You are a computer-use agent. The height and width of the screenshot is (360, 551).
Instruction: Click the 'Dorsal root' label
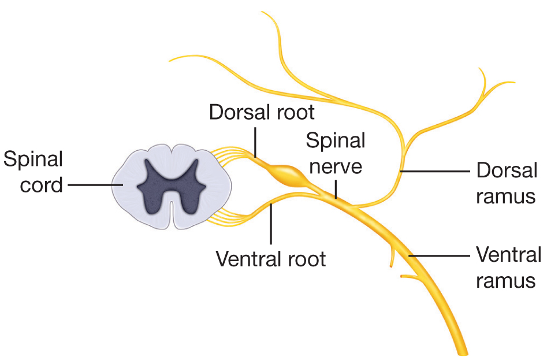click(262, 113)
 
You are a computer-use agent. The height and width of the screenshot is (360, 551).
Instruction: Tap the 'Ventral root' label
click(271, 259)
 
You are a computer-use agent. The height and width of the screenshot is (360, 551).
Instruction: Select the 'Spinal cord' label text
click(33, 172)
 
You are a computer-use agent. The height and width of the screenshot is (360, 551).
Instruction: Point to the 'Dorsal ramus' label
click(507, 183)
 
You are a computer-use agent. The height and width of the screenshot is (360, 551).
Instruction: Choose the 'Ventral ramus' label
click(508, 268)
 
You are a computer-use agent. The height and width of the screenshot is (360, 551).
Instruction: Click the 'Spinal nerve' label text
click(336, 153)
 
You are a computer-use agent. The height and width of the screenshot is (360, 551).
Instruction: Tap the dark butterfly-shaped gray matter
click(172, 186)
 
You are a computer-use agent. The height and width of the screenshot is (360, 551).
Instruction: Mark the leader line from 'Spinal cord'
click(95, 184)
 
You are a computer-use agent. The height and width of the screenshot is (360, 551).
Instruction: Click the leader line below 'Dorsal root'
click(255, 142)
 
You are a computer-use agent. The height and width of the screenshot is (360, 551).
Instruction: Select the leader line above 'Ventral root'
click(271, 224)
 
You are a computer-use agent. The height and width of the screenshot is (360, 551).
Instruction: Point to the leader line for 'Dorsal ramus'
click(435, 171)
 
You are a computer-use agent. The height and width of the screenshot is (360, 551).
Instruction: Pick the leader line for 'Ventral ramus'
click(440, 255)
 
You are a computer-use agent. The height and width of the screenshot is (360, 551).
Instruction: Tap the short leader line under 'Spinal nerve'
click(336, 190)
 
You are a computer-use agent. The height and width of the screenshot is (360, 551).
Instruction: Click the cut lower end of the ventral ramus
click(463, 353)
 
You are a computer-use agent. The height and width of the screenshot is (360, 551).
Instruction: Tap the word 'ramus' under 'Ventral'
click(506, 281)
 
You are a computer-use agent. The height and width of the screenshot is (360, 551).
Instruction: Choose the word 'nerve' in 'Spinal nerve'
click(336, 166)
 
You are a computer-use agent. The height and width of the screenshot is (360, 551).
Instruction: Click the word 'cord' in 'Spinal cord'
click(42, 185)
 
